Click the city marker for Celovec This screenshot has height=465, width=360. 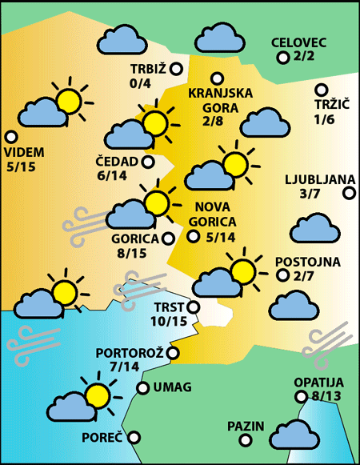[282, 57]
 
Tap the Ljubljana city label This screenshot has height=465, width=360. [314, 179]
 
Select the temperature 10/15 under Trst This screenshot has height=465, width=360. [168, 321]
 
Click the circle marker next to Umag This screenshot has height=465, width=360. [143, 388]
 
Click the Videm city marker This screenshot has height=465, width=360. [10, 137]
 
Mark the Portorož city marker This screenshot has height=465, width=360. [172, 352]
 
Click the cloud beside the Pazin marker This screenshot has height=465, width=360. [294, 435]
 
